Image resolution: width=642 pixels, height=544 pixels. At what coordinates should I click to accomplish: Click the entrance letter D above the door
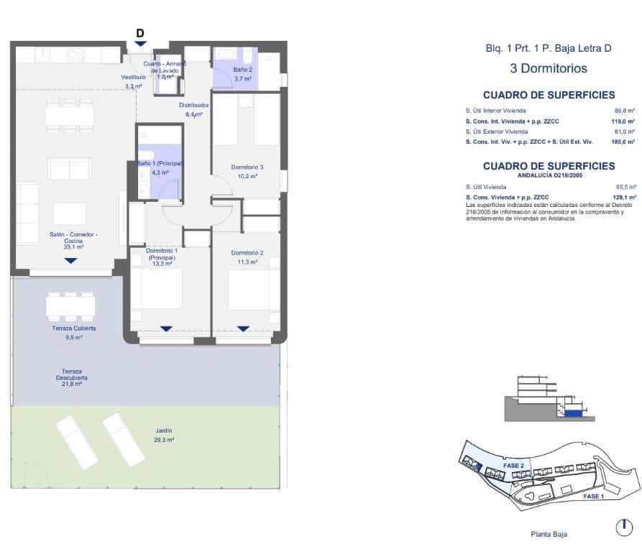[x=140, y=32]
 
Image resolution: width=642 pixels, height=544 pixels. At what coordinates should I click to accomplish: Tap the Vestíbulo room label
[x=133, y=77]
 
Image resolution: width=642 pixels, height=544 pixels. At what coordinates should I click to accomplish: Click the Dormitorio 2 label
[x=247, y=253]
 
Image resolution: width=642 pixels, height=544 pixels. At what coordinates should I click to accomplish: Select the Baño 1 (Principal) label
[x=160, y=164]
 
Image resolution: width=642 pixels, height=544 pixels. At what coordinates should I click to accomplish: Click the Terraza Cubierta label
[x=74, y=328]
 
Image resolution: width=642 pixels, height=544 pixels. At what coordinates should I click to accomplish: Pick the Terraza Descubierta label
[x=72, y=375]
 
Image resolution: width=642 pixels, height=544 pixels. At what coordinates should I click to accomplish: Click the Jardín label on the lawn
[x=164, y=430]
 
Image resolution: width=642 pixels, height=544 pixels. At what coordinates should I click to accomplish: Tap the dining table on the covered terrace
[x=70, y=307]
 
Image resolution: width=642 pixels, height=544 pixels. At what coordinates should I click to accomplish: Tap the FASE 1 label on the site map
[x=592, y=497]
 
